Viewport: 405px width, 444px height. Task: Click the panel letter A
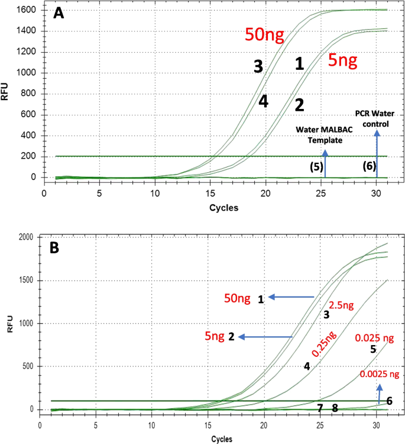59,13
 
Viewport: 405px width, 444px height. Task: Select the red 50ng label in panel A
265,35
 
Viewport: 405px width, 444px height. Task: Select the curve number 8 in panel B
335,408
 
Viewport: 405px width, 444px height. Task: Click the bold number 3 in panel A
258,66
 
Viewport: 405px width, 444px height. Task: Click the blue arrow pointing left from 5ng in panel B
267,337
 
